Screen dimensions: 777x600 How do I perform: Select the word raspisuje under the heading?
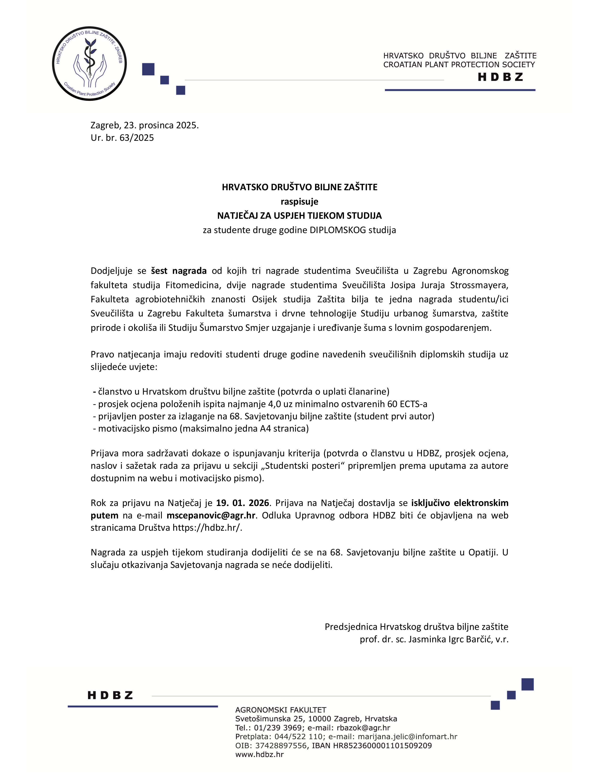coord(299,202)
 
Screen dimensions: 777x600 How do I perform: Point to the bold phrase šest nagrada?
coord(179,271)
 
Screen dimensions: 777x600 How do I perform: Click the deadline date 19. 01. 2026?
coord(243,503)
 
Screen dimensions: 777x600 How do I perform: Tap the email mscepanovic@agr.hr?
coord(211,515)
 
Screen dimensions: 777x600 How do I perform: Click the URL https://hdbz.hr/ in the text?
coord(207,528)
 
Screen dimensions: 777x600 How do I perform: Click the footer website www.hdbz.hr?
coord(260,754)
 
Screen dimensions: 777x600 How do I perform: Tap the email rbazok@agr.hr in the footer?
coord(363,728)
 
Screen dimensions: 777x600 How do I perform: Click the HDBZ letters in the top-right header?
coord(500,77)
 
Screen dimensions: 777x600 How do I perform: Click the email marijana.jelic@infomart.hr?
coord(407,737)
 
